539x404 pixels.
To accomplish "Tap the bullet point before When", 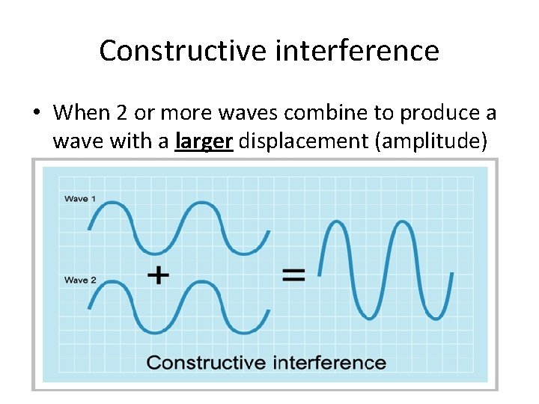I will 36,113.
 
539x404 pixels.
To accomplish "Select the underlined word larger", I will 204,141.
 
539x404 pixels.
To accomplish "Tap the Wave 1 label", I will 80,199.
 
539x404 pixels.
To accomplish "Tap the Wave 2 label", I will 80,280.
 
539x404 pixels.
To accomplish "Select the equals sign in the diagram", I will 293,275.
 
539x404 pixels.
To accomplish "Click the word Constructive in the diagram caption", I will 206,363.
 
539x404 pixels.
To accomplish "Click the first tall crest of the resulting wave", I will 335,223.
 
